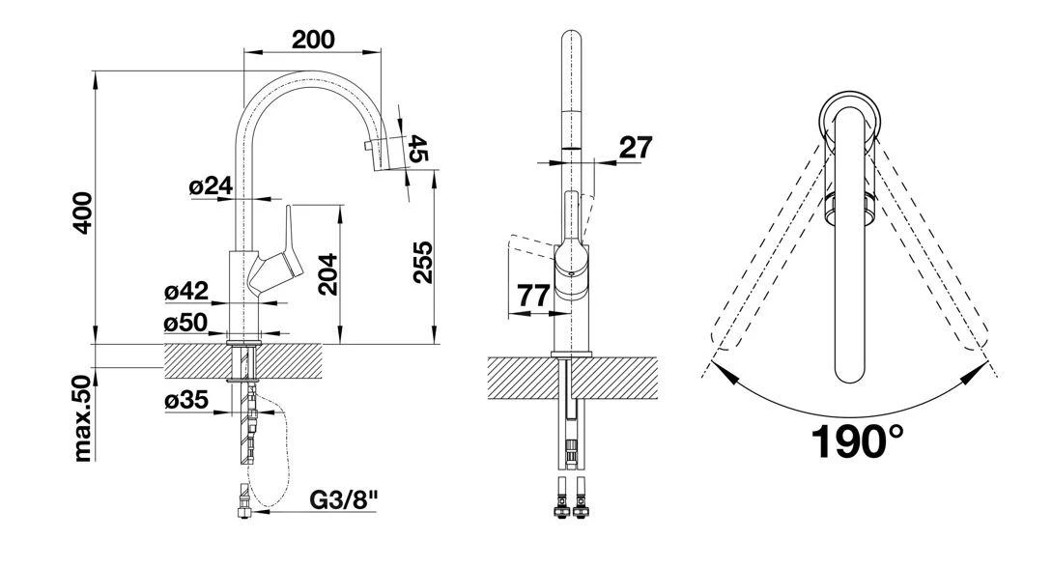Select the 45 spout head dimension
417,148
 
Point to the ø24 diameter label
213,186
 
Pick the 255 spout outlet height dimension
421,262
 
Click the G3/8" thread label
344,500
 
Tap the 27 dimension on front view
634,147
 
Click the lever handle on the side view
287,246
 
